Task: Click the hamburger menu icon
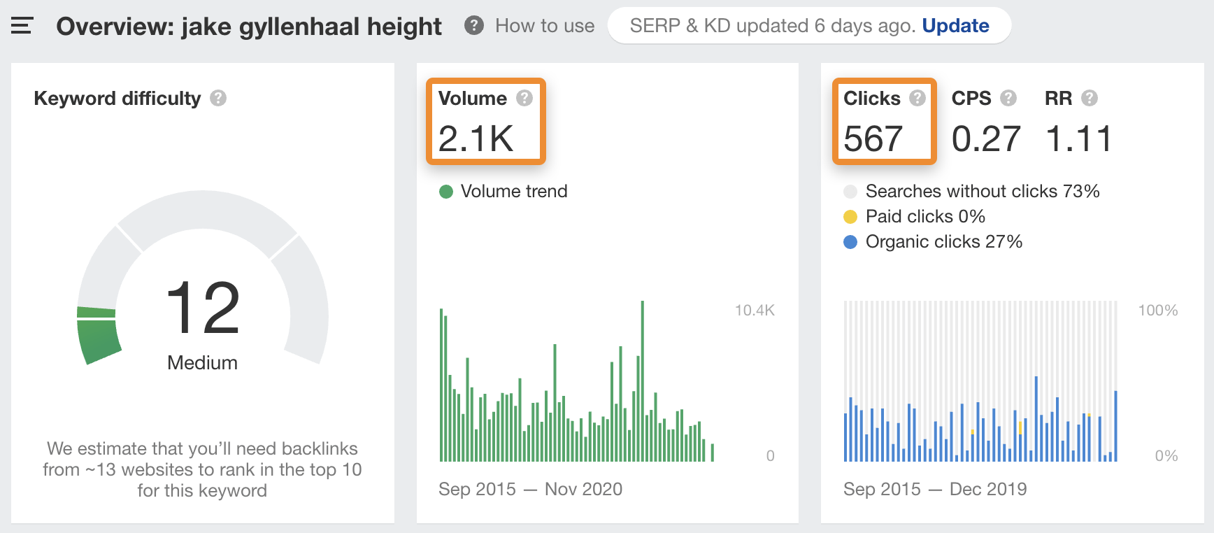point(22,27)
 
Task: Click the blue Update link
point(955,26)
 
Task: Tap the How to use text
point(544,26)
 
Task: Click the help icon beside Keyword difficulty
point(218,98)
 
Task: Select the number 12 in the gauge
point(203,308)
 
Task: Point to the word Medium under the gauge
point(202,362)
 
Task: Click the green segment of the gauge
point(98,339)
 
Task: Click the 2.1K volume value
point(476,138)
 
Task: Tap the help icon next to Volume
point(524,98)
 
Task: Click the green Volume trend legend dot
point(446,192)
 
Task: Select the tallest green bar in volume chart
point(642,381)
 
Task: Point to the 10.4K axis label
point(754,311)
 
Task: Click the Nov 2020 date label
point(583,489)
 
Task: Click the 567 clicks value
point(873,138)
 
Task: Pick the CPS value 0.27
point(985,138)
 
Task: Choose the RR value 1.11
point(1078,138)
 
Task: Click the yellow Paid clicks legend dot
point(850,217)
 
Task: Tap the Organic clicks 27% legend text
point(943,242)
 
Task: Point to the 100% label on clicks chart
point(1157,311)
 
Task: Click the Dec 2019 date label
point(987,489)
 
